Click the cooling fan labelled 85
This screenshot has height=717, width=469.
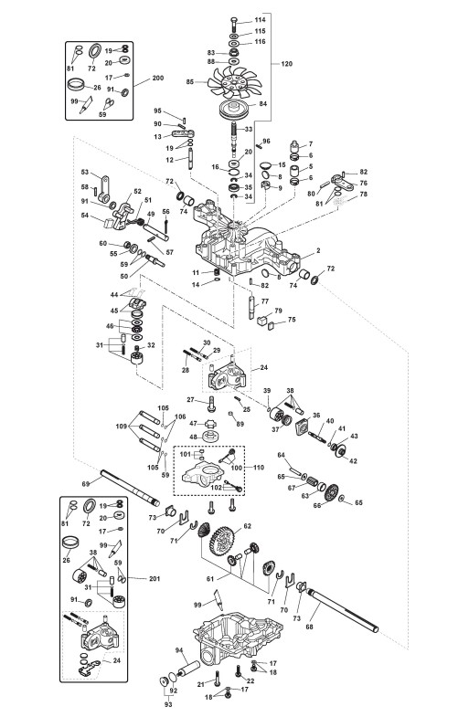[234, 83]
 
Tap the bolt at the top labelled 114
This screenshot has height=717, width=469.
[234, 23]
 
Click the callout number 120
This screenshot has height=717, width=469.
[286, 64]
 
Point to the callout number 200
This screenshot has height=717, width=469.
[157, 79]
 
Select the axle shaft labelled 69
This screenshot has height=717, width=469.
[130, 489]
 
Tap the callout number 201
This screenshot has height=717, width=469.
[155, 578]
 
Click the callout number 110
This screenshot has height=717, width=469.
[259, 468]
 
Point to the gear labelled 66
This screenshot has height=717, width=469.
[331, 492]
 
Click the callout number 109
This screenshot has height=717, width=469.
[122, 427]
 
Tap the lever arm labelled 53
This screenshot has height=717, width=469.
[104, 188]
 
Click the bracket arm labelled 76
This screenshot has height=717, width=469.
[345, 182]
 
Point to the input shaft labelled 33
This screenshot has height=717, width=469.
[235, 137]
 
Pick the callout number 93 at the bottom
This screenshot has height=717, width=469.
[168, 704]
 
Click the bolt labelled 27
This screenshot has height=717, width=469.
[211, 404]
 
